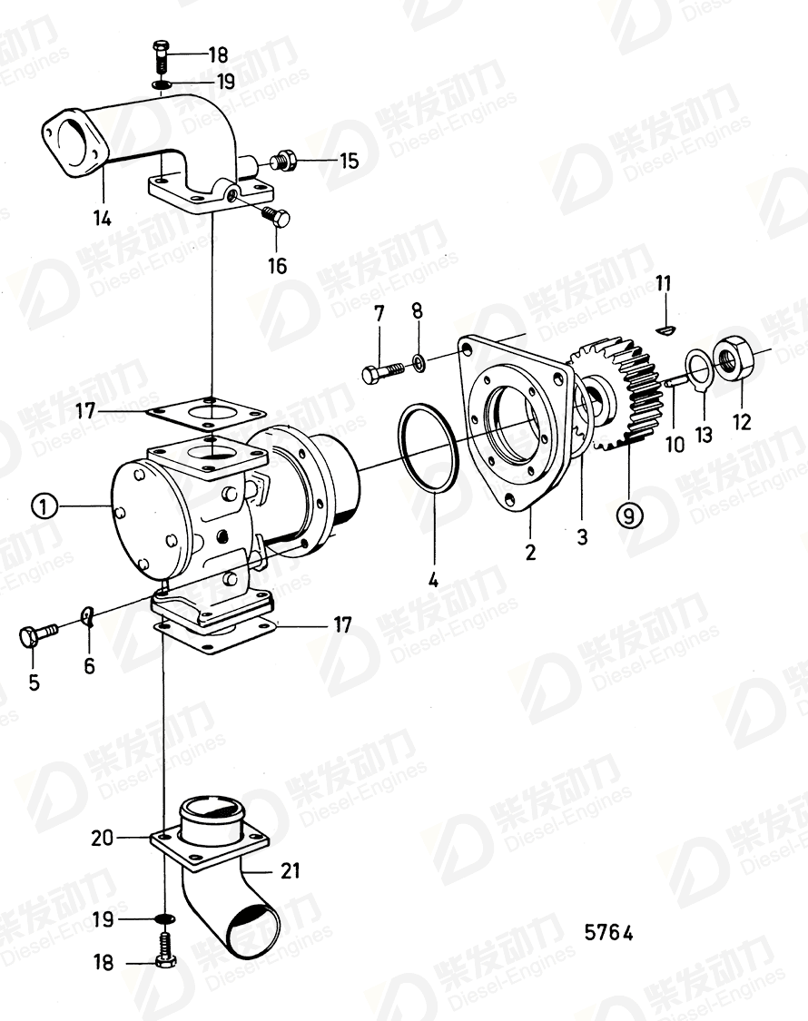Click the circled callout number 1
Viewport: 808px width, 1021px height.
(44, 506)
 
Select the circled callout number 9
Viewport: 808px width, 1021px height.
(629, 515)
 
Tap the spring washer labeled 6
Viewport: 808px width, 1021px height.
(89, 617)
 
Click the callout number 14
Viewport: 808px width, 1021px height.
(103, 218)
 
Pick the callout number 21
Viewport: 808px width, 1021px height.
(290, 871)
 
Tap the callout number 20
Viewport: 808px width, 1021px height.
(102, 838)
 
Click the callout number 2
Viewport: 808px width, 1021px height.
(530, 551)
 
